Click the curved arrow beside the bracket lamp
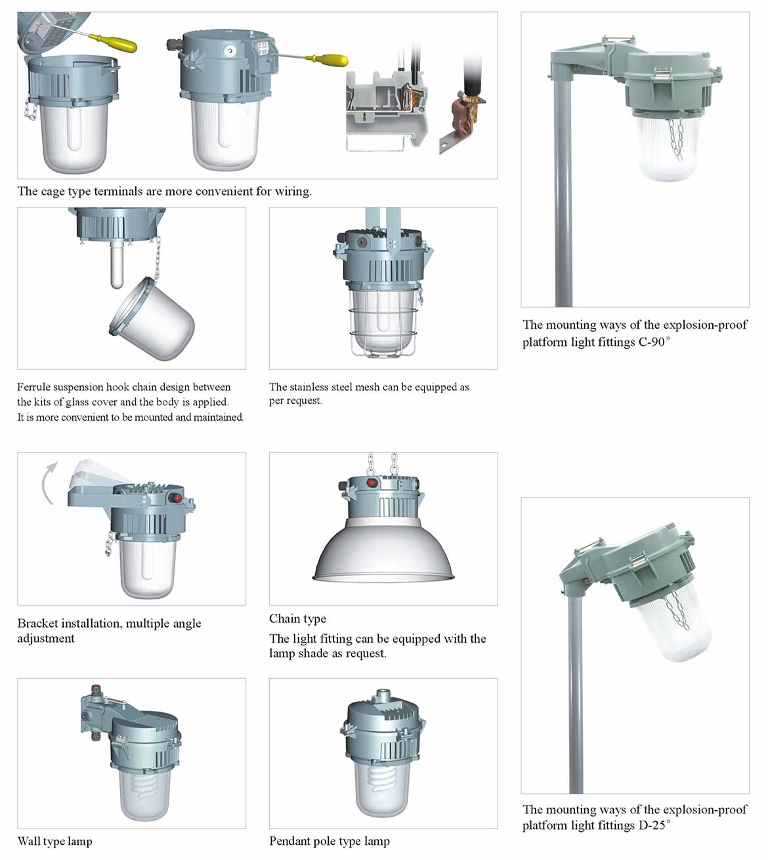click(x=46, y=484)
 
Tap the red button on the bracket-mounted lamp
click(x=177, y=498)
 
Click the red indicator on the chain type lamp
click(x=371, y=483)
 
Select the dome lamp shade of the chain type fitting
click(x=383, y=549)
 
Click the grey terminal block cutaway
click(x=387, y=111)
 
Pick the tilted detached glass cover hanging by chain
click(x=152, y=319)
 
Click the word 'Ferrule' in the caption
click(x=33, y=387)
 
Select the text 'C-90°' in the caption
click(x=654, y=342)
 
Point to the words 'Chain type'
click(x=297, y=619)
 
